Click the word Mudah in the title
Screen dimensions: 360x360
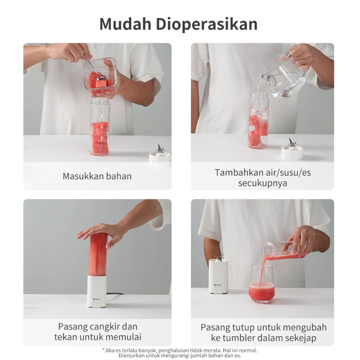coord(126,24)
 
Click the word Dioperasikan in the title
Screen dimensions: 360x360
coord(207,24)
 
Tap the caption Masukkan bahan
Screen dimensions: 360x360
coord(97,176)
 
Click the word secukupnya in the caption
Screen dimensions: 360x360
coord(262,184)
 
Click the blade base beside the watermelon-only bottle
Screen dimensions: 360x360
coord(160,156)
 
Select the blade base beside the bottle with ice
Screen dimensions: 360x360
coord(292,150)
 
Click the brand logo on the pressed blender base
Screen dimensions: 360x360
coord(97,299)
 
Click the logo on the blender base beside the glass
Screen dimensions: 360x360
coord(218,285)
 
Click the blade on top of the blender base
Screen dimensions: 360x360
coord(219,257)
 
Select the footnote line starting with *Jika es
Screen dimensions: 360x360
coord(180,351)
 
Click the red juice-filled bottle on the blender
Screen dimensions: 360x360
coord(98,254)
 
